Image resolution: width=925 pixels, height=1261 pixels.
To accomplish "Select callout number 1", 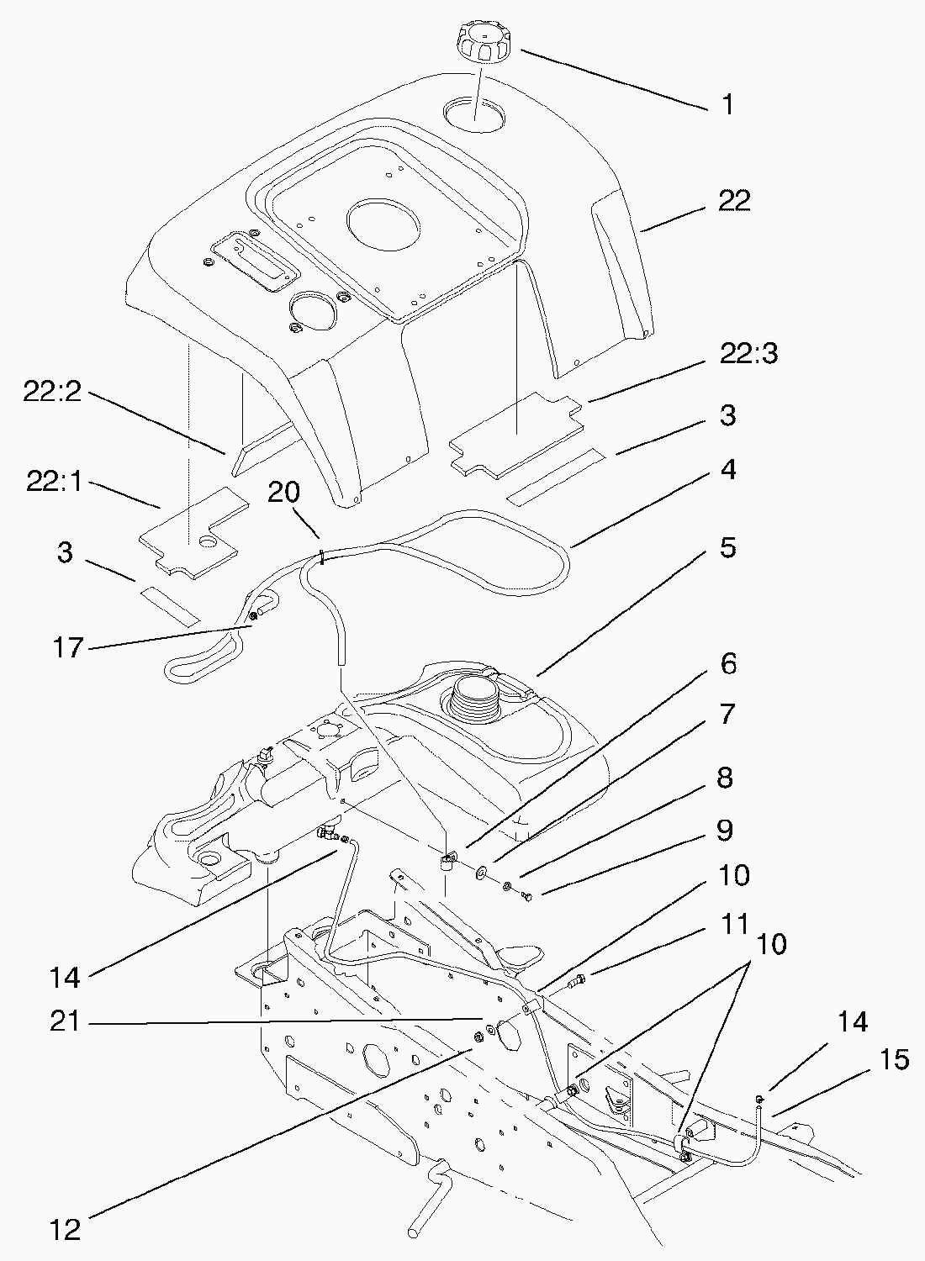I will [727, 105].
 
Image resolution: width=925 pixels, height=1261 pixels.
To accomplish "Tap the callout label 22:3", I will [748, 355].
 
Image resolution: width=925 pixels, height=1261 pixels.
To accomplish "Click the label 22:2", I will [52, 393].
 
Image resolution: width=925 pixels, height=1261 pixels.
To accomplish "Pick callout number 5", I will [727, 547].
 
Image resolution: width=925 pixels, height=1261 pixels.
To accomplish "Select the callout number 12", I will [65, 1230].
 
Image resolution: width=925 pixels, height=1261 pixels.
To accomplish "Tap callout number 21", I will [65, 1021].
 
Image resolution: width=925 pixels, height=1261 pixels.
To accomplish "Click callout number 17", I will [69, 648].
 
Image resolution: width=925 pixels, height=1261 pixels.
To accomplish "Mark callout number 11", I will [735, 924].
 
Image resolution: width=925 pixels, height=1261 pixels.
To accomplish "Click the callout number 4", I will [727, 469].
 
